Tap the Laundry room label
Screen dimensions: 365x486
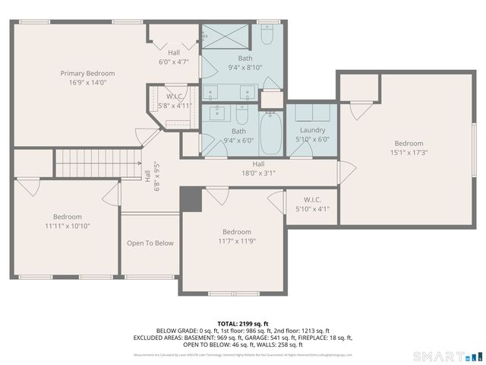[312, 130]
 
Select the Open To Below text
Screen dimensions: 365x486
[150, 243]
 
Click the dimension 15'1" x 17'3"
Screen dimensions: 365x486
[409, 152]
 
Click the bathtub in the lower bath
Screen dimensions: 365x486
[270, 134]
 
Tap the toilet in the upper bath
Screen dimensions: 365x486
[267, 36]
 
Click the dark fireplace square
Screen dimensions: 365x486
[191, 199]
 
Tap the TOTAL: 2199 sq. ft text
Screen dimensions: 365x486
[243, 322]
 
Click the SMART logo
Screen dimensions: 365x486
[447, 356]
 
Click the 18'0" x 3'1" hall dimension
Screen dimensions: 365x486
[258, 173]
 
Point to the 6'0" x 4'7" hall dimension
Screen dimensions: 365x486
[174, 62]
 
